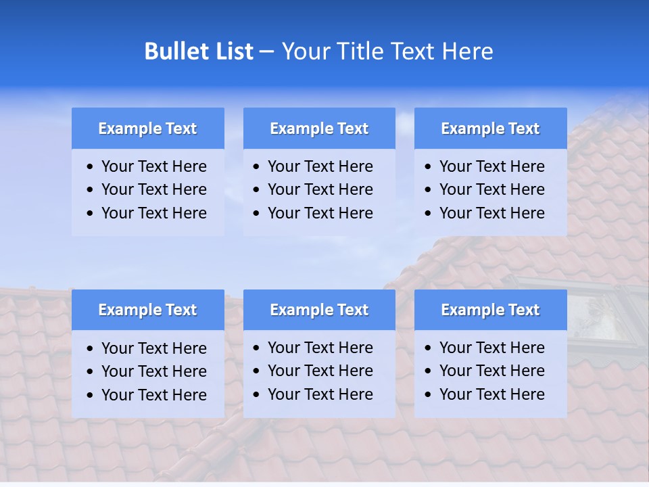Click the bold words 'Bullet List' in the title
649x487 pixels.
(199, 51)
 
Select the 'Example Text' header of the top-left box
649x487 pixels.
(147, 129)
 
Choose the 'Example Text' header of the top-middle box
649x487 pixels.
(319, 129)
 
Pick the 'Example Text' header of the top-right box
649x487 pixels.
(490, 129)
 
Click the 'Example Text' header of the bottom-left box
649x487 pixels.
(147, 310)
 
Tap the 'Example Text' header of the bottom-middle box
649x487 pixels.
(319, 310)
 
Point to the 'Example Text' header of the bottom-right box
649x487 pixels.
(490, 310)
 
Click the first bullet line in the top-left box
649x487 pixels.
(153, 166)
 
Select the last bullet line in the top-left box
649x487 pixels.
(153, 213)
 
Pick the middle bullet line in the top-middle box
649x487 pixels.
(320, 189)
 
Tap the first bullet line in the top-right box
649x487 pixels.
(491, 166)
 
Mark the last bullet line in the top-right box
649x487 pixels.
(491, 213)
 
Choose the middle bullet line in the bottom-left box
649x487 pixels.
(153, 371)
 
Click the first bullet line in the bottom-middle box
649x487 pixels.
(320, 348)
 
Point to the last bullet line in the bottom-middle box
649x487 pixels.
(320, 394)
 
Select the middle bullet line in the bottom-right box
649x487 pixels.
(491, 371)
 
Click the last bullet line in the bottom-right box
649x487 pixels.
(491, 394)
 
